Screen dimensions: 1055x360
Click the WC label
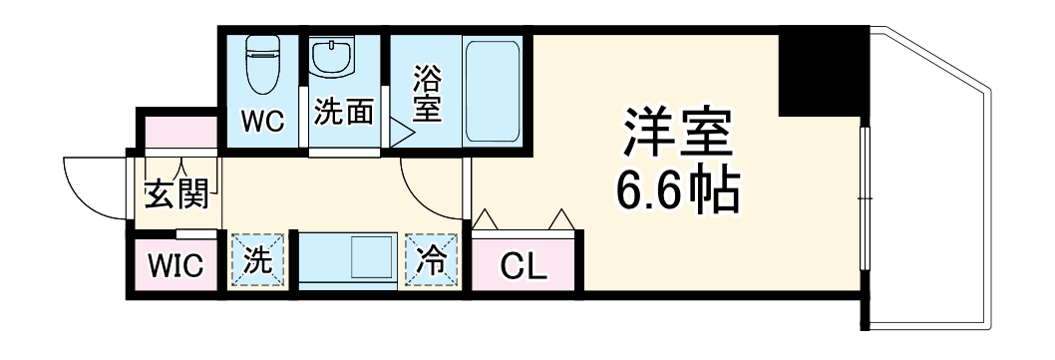[x=264, y=121]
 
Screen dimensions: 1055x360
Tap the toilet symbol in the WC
[x=264, y=62]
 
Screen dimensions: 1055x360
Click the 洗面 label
[x=344, y=112]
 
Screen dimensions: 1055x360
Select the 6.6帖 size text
[x=678, y=192]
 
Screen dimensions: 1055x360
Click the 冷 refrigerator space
[x=432, y=260]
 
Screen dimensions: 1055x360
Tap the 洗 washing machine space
[x=258, y=261]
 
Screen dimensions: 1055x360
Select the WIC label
[x=176, y=265]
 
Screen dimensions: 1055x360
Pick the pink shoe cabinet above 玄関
[x=177, y=134]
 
